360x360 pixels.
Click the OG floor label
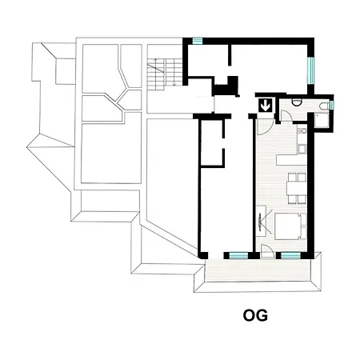click(255, 315)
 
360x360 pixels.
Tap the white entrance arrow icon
click(266, 106)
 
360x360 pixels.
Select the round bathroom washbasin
click(296, 102)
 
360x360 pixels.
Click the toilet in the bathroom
click(325, 106)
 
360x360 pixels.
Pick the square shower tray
click(322, 121)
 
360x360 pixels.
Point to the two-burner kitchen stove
click(302, 130)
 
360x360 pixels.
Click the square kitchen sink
click(302, 149)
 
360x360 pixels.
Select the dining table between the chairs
click(297, 188)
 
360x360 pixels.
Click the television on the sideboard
click(260, 221)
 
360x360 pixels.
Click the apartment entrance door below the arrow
click(266, 126)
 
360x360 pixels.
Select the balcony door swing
click(267, 251)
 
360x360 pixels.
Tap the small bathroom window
click(332, 105)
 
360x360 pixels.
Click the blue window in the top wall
click(198, 41)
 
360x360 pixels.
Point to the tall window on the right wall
click(310, 70)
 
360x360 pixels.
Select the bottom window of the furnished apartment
click(291, 255)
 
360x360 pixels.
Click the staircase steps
click(162, 74)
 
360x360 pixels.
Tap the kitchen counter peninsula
click(292, 159)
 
